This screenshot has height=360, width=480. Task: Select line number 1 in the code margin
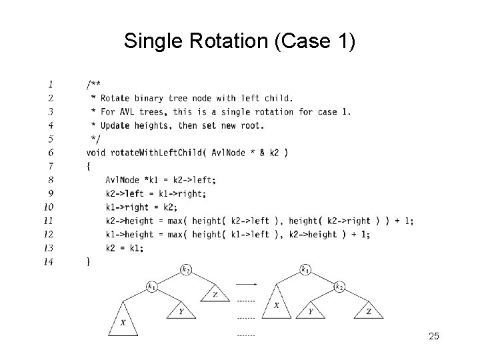click(x=51, y=84)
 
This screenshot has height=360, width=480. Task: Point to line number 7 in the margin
click(x=51, y=166)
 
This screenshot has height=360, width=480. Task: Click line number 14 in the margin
click(x=49, y=261)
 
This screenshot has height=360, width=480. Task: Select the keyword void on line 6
click(x=96, y=153)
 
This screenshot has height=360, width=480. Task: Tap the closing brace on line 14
click(x=89, y=262)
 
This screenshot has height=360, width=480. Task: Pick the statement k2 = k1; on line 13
click(x=124, y=248)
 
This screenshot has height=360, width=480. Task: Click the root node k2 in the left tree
click(x=186, y=270)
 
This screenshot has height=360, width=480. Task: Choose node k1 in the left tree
click(x=152, y=287)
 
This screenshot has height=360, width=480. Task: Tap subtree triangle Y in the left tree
click(x=180, y=310)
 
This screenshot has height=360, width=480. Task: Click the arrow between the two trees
click(x=246, y=284)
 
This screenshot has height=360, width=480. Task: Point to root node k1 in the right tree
click(x=305, y=270)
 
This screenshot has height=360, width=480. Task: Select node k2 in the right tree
click(x=339, y=287)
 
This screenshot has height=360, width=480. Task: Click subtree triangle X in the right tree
click(x=277, y=304)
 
